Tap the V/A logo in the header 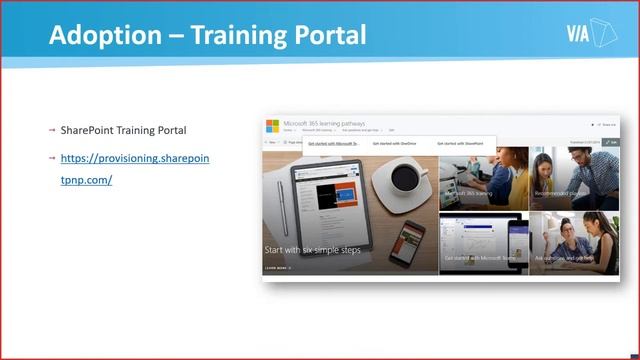(589, 34)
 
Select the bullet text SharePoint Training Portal (123, 131)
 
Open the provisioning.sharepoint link (134, 159)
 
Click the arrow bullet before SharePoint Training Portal (52, 131)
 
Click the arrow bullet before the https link (52, 159)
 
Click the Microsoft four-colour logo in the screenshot (272, 126)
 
